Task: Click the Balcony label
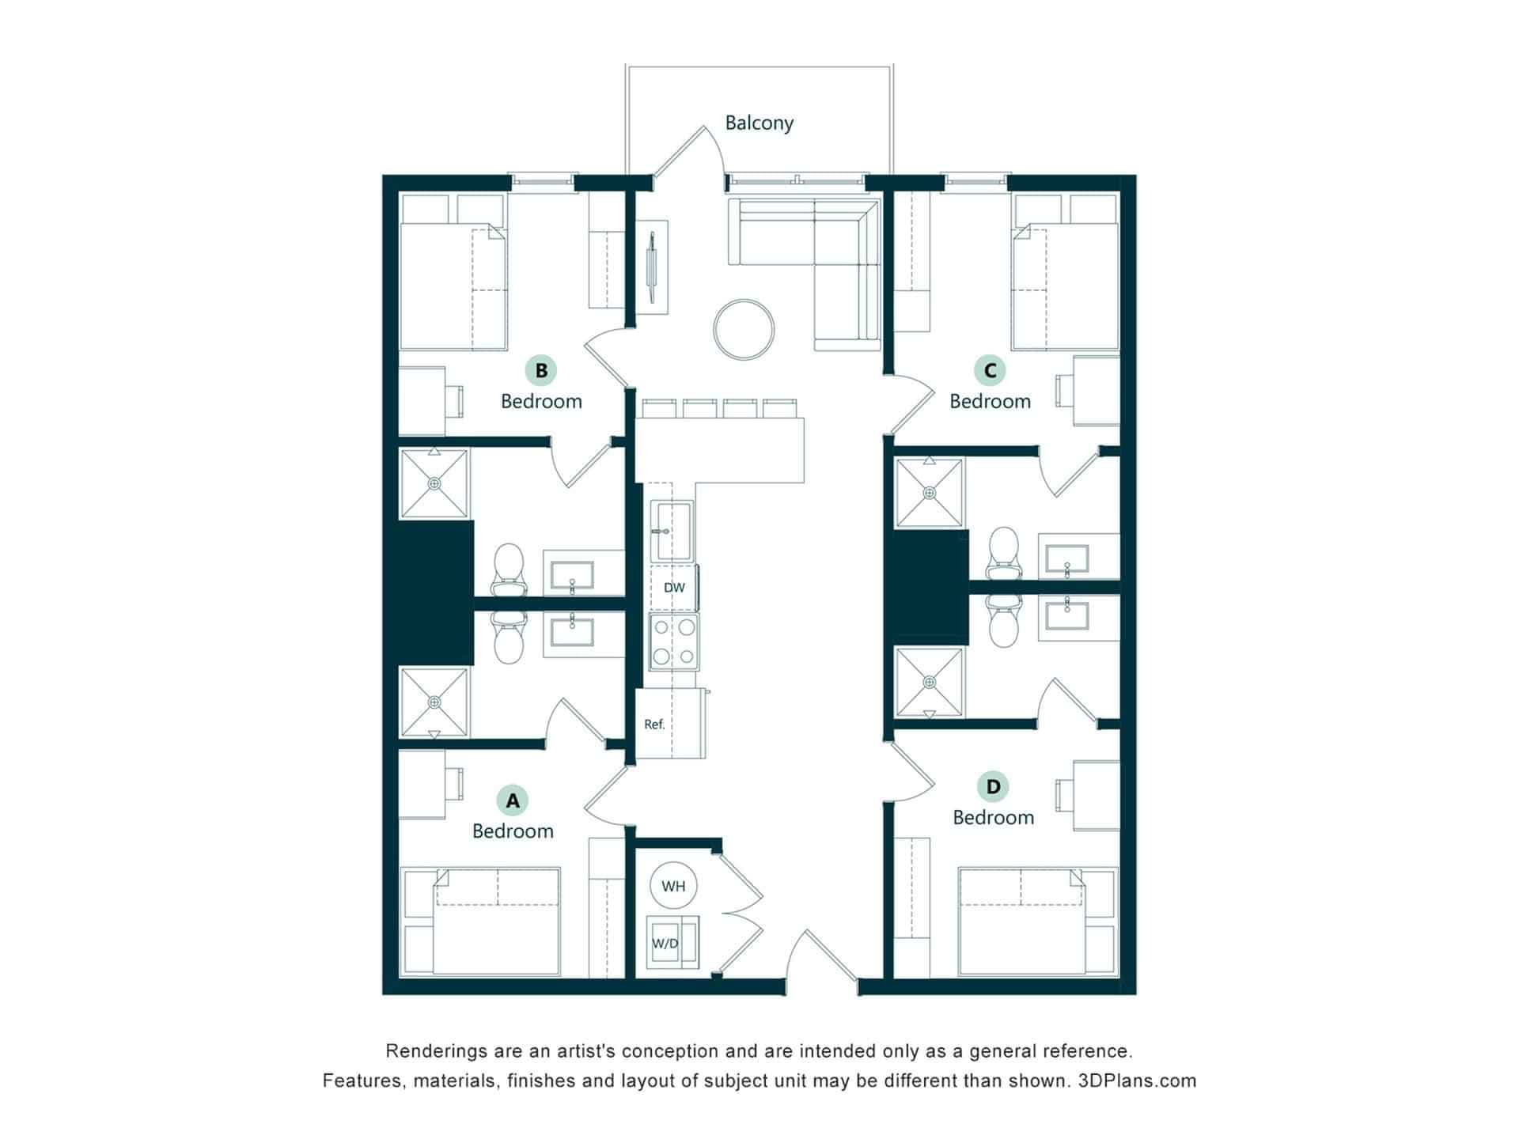point(759,123)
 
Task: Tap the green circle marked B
point(541,370)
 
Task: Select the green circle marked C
point(990,369)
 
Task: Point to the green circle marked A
point(513,800)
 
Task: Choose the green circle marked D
point(993,786)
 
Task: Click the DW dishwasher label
point(674,588)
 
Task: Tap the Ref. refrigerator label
point(654,725)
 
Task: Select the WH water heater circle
point(673,886)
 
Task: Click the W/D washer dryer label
point(665,944)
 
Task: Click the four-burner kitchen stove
point(673,641)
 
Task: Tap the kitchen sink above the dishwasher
point(672,531)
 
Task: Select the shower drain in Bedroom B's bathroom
point(434,483)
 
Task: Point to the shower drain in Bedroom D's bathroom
point(930,682)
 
